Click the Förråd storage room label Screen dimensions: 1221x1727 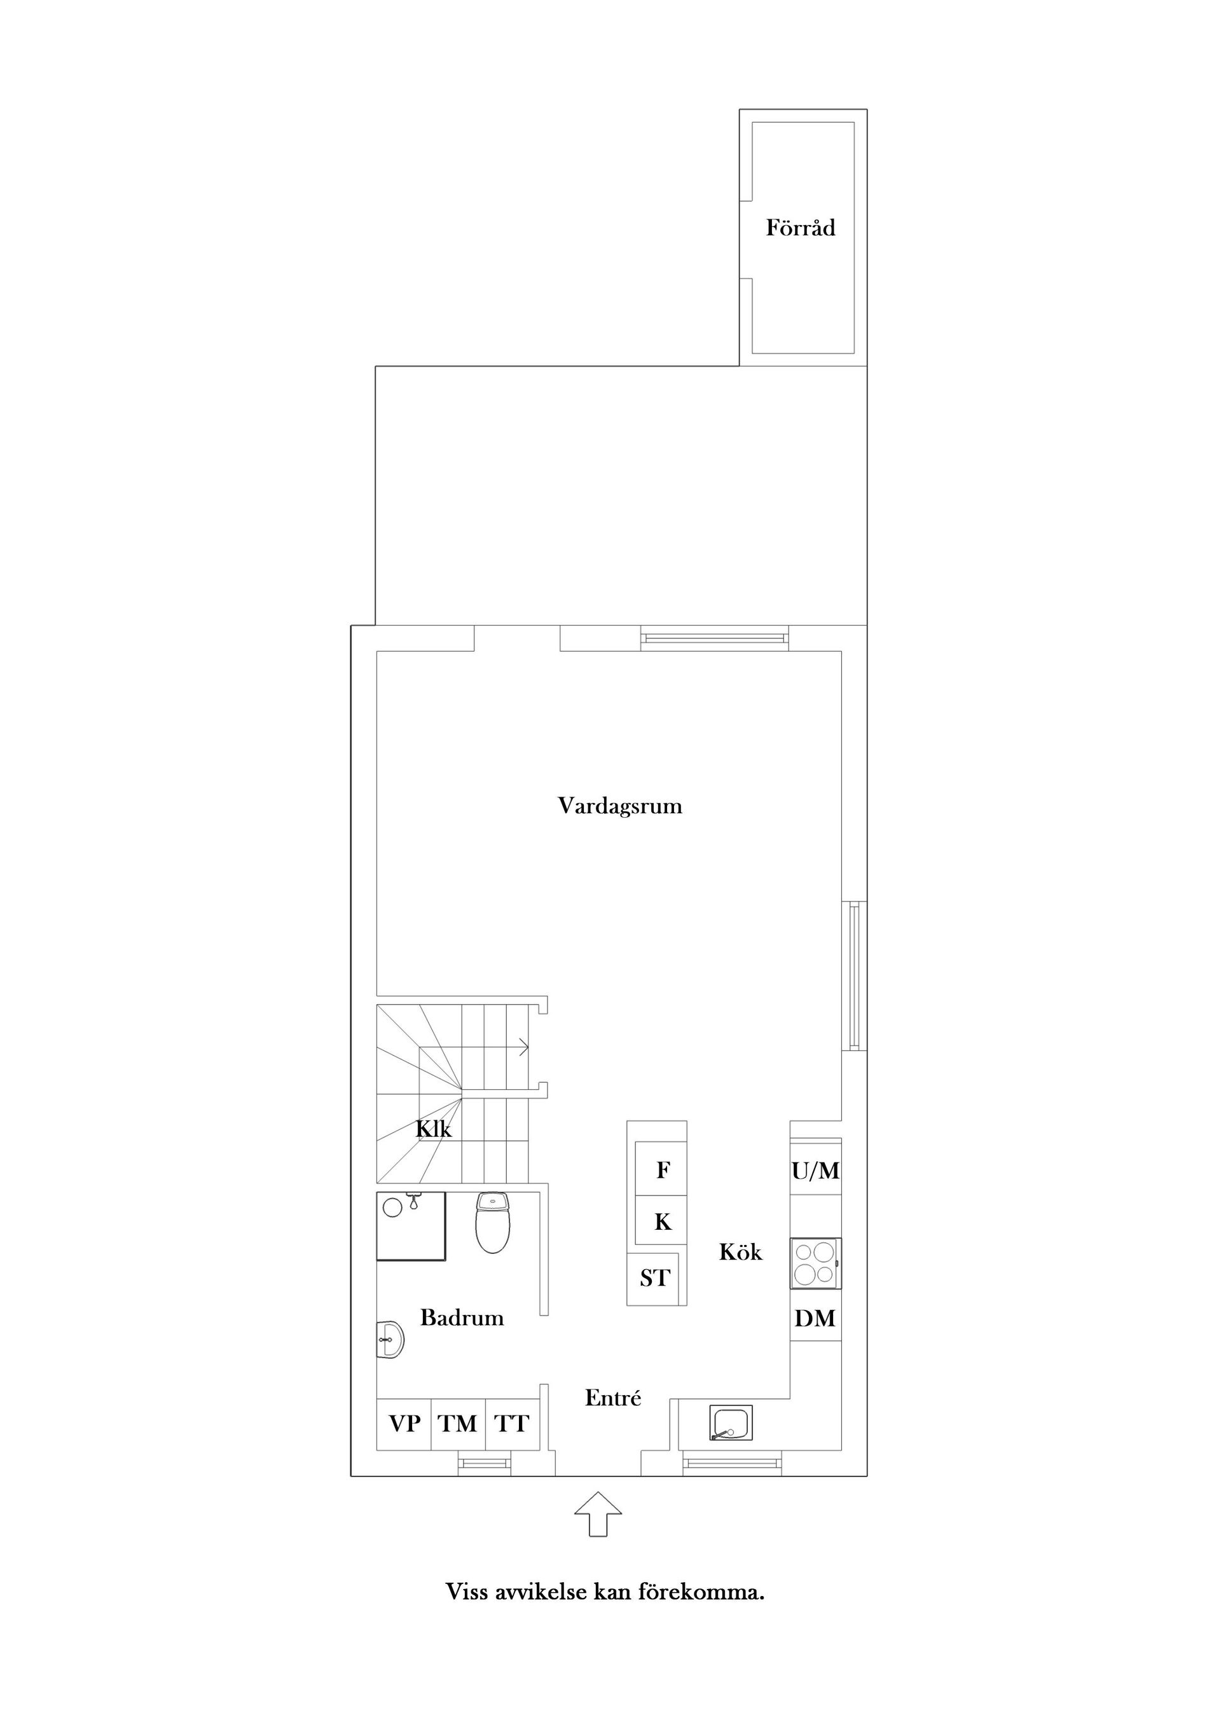click(x=801, y=227)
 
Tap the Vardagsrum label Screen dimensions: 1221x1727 click(x=620, y=806)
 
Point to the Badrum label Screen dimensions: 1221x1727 click(x=462, y=1317)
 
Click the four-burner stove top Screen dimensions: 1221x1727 click(x=815, y=1263)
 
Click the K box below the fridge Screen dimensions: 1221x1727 click(x=661, y=1221)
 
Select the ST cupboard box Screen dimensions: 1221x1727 click(x=654, y=1278)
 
